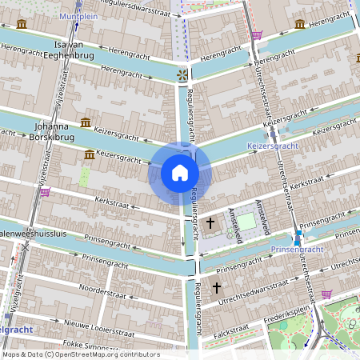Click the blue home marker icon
tap(180, 173)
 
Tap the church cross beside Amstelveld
tap(210, 222)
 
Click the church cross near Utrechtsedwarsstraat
tap(215, 286)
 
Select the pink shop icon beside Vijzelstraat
tap(45, 191)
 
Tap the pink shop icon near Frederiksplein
tap(326, 294)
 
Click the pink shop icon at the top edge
tap(256, 35)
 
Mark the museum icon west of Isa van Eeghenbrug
tap(21, 25)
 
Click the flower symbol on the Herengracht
tap(182, 74)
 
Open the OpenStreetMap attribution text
tap(80, 354)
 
